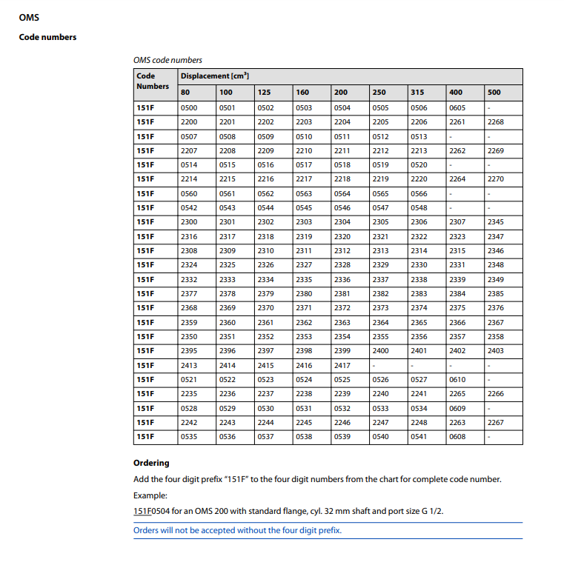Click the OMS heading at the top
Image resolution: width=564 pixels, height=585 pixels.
(x=29, y=17)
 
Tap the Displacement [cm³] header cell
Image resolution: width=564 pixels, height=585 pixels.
(x=215, y=76)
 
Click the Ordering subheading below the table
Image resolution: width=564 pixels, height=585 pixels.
(x=151, y=463)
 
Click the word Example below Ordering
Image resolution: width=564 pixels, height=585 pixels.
(x=150, y=495)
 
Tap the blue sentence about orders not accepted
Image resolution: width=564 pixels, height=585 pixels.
(x=237, y=530)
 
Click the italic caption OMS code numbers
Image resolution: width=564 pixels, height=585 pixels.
(x=167, y=60)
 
